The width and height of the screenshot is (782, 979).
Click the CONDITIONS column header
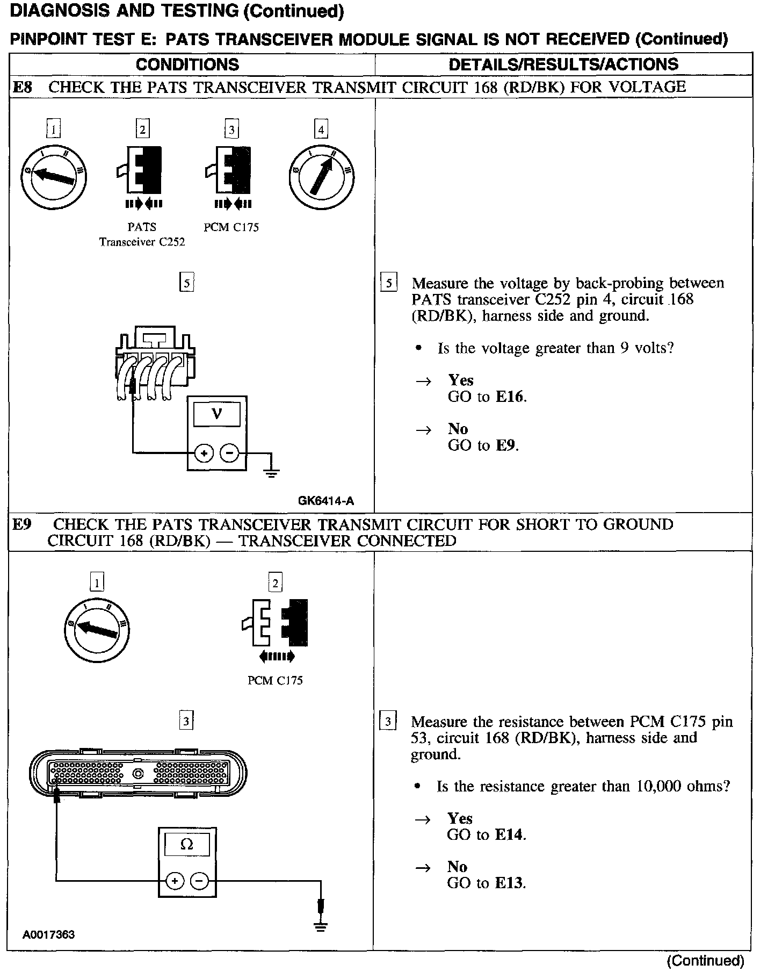(187, 64)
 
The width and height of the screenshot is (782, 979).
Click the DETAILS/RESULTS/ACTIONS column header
(563, 64)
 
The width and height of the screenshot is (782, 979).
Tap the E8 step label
(22, 87)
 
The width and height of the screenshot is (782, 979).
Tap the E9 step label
(22, 524)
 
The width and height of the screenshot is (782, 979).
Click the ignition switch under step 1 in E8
(53, 176)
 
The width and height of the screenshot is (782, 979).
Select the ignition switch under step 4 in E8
(321, 177)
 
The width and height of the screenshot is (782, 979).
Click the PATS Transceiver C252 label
(142, 235)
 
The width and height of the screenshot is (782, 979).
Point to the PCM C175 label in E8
(231, 227)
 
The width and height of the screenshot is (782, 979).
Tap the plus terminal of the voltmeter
(204, 454)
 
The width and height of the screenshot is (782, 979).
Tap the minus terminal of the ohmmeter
(199, 881)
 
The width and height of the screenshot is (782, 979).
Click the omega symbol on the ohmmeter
(186, 845)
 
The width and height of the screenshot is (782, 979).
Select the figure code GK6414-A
(326, 501)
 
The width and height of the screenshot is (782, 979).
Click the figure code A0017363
(48, 934)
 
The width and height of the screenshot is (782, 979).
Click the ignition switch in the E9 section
(97, 630)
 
